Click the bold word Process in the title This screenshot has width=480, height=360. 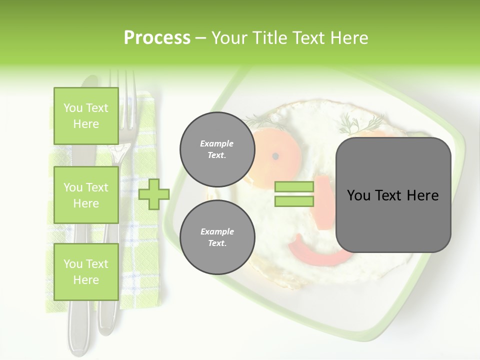(157, 37)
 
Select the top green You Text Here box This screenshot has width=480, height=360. (86, 116)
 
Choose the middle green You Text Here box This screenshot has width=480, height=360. (86, 195)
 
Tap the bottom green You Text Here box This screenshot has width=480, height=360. (86, 271)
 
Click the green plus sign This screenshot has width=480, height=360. (153, 194)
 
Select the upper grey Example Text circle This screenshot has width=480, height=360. (217, 149)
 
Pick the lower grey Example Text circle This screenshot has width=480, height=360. (217, 237)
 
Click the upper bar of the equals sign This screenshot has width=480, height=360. (294, 187)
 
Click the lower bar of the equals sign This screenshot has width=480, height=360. (294, 201)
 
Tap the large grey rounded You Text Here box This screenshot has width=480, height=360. (393, 195)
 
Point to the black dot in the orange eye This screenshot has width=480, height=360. (275, 156)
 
